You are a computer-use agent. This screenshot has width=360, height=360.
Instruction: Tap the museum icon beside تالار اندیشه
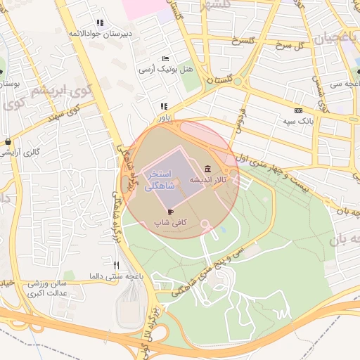click(207, 169)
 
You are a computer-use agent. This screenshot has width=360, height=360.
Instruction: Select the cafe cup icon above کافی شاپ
click(170, 211)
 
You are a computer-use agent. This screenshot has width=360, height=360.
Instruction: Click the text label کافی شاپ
click(170, 222)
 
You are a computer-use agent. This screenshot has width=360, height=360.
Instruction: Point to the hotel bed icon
click(165, 58)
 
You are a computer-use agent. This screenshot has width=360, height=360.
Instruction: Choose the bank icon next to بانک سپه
click(298, 110)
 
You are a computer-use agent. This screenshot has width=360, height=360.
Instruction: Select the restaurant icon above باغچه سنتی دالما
click(117, 265)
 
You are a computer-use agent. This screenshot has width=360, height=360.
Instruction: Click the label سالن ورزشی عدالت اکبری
click(47, 288)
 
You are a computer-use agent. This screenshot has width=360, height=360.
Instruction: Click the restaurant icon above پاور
click(164, 106)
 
